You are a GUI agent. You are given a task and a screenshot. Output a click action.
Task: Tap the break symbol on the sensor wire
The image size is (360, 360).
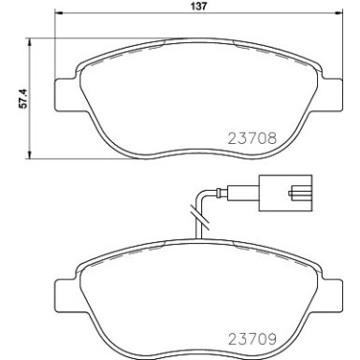pyautogui.click(x=195, y=223)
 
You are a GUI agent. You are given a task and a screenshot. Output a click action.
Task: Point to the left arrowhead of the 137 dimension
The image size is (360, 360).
pyautogui.click(x=60, y=16)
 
